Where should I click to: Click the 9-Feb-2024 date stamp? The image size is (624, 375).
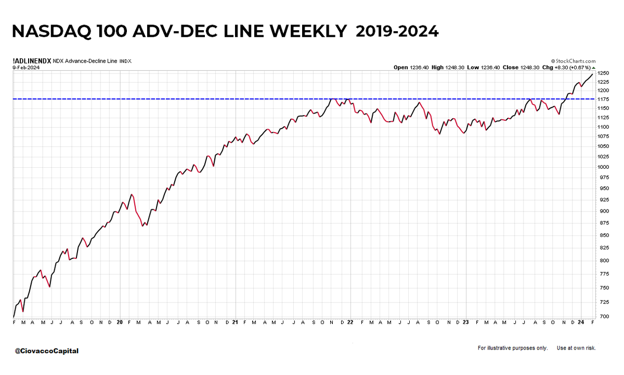tap(25, 67)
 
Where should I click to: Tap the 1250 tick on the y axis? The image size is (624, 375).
tap(603, 73)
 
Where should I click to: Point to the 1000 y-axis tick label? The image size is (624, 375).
tap(603, 167)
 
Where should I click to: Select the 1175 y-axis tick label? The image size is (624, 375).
tap(603, 98)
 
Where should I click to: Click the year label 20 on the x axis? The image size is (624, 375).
tap(120, 322)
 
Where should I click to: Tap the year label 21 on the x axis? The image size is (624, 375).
tap(235, 322)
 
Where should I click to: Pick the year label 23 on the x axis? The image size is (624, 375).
tap(466, 322)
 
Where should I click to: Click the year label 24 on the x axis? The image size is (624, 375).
tap(581, 322)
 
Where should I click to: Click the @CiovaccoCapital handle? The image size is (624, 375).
tap(47, 351)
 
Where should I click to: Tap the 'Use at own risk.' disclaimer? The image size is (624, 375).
tap(576, 348)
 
